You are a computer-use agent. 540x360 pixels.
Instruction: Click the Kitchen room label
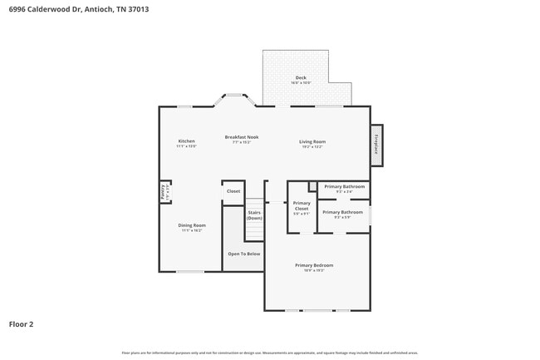(x=186, y=141)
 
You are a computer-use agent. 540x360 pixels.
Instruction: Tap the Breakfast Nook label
(x=241, y=136)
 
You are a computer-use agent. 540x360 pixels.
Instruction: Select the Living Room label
(x=312, y=141)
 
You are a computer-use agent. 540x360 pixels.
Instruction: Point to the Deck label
(x=300, y=77)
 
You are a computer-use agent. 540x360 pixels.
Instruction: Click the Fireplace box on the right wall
(x=376, y=144)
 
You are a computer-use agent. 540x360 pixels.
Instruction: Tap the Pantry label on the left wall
(x=163, y=191)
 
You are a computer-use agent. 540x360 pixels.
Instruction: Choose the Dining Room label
(x=191, y=225)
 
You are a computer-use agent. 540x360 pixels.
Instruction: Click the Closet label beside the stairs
(x=233, y=191)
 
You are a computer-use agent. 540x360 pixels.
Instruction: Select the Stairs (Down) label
(x=254, y=215)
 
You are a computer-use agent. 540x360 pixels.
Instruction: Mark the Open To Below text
(x=244, y=254)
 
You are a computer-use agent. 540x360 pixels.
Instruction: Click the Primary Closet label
(x=302, y=205)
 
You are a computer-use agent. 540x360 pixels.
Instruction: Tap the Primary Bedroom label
(x=313, y=265)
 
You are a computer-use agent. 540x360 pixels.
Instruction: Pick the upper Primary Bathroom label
(x=344, y=186)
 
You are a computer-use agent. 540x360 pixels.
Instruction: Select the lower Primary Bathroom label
(x=342, y=212)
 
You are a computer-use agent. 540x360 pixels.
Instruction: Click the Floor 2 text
(x=22, y=323)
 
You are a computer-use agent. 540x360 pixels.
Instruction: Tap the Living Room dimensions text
(x=312, y=147)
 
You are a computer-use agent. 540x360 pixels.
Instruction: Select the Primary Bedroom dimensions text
(x=313, y=270)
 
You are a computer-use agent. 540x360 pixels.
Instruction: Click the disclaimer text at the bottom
(x=270, y=353)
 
